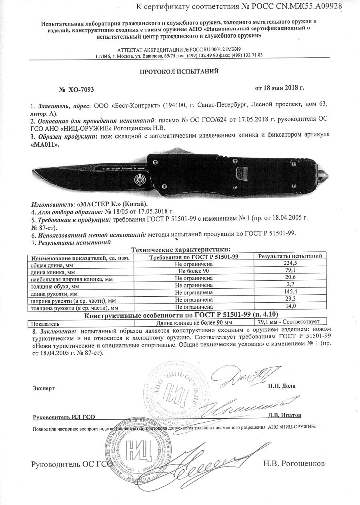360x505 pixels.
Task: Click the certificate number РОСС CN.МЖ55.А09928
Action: (304, 6)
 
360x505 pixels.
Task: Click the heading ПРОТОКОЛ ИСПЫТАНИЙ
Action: (179, 72)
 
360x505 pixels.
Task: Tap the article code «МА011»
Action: (45, 144)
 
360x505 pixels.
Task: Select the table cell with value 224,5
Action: (290, 263)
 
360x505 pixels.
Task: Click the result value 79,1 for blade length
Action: (290, 271)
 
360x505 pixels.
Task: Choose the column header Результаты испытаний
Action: (290, 256)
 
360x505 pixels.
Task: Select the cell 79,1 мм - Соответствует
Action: (290, 321)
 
